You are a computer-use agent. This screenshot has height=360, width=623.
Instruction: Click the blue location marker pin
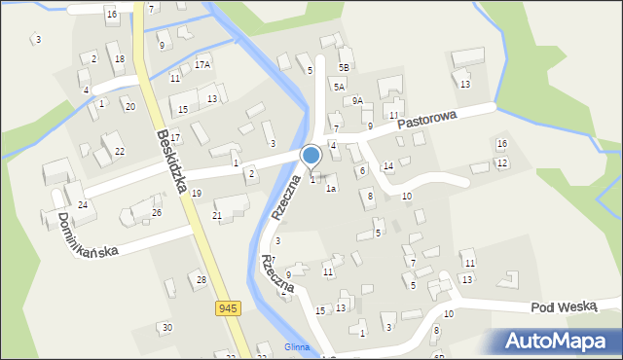311,156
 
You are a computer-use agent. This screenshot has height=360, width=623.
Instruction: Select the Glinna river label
297,347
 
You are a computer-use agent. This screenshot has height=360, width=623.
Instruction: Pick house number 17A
202,64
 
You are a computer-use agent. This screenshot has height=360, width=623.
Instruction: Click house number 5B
344,67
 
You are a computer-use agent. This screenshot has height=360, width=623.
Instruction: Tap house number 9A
357,100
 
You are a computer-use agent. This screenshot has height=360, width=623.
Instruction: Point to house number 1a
331,189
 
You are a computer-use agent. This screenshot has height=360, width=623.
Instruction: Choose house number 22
119,151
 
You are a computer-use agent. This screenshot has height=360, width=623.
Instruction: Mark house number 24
83,204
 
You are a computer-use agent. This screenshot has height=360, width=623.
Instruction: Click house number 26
156,212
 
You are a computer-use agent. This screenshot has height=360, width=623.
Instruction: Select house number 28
201,280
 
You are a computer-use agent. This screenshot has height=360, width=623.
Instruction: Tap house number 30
166,327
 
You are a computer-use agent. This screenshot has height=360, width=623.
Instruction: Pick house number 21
217,215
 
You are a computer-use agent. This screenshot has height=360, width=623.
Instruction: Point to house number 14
387,166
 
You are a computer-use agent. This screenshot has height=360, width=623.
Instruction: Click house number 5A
339,87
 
